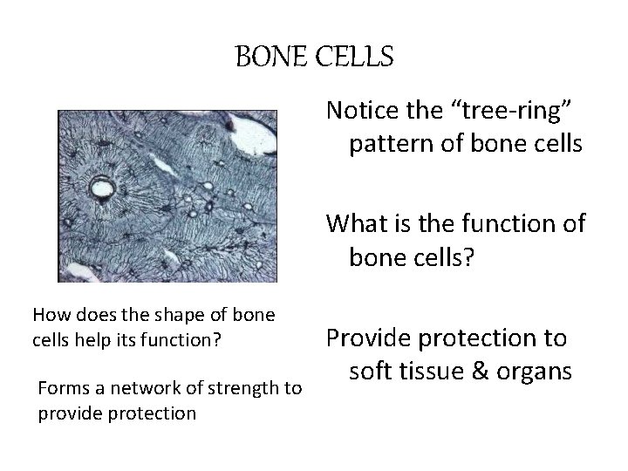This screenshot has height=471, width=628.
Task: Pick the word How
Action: pyautogui.click(x=48, y=314)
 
